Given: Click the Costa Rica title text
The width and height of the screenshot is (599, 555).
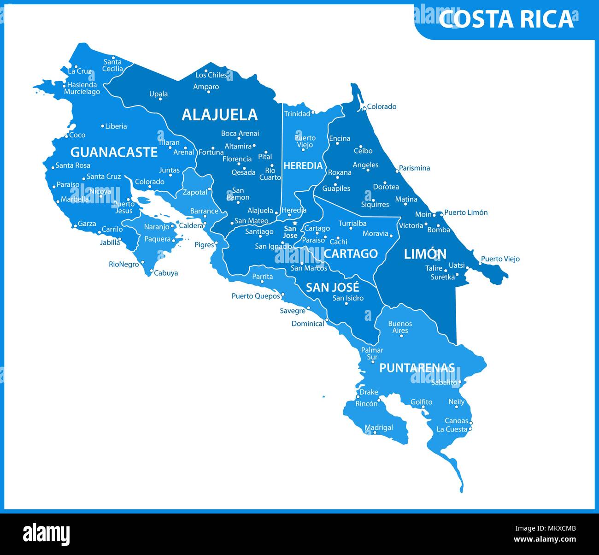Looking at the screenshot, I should pos(506,19).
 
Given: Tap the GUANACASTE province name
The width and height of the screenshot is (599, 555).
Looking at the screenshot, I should pos(114,152).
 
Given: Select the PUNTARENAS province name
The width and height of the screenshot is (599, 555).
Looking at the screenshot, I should pos(417,368).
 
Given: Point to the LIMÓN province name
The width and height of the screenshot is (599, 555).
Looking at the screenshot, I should pos(425,254).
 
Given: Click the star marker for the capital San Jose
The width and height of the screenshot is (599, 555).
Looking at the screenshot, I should pos(295,223).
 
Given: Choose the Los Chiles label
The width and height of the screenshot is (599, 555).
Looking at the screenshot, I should pos(211,75).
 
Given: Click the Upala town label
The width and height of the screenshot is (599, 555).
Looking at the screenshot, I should pos(159,94).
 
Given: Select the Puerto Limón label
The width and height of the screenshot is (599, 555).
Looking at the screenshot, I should pos(465,213).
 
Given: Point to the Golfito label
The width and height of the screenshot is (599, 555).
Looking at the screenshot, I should pos(421,402).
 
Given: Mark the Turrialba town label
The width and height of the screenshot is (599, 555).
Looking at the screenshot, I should pos(352,224).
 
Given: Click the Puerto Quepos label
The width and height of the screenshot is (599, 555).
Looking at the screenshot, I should pos(256,296).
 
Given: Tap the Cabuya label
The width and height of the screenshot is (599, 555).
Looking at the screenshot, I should pos(166,273).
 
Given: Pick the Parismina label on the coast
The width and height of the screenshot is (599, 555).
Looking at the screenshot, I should pos(414,168).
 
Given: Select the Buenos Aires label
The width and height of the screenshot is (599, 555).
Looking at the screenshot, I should pos(400,327).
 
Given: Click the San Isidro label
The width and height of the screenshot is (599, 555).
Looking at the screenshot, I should pos(348,298).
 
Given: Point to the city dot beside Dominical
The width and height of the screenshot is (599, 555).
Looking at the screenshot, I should pos(327,319).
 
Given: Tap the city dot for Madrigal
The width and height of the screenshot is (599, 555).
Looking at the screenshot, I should pos(375,433).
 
